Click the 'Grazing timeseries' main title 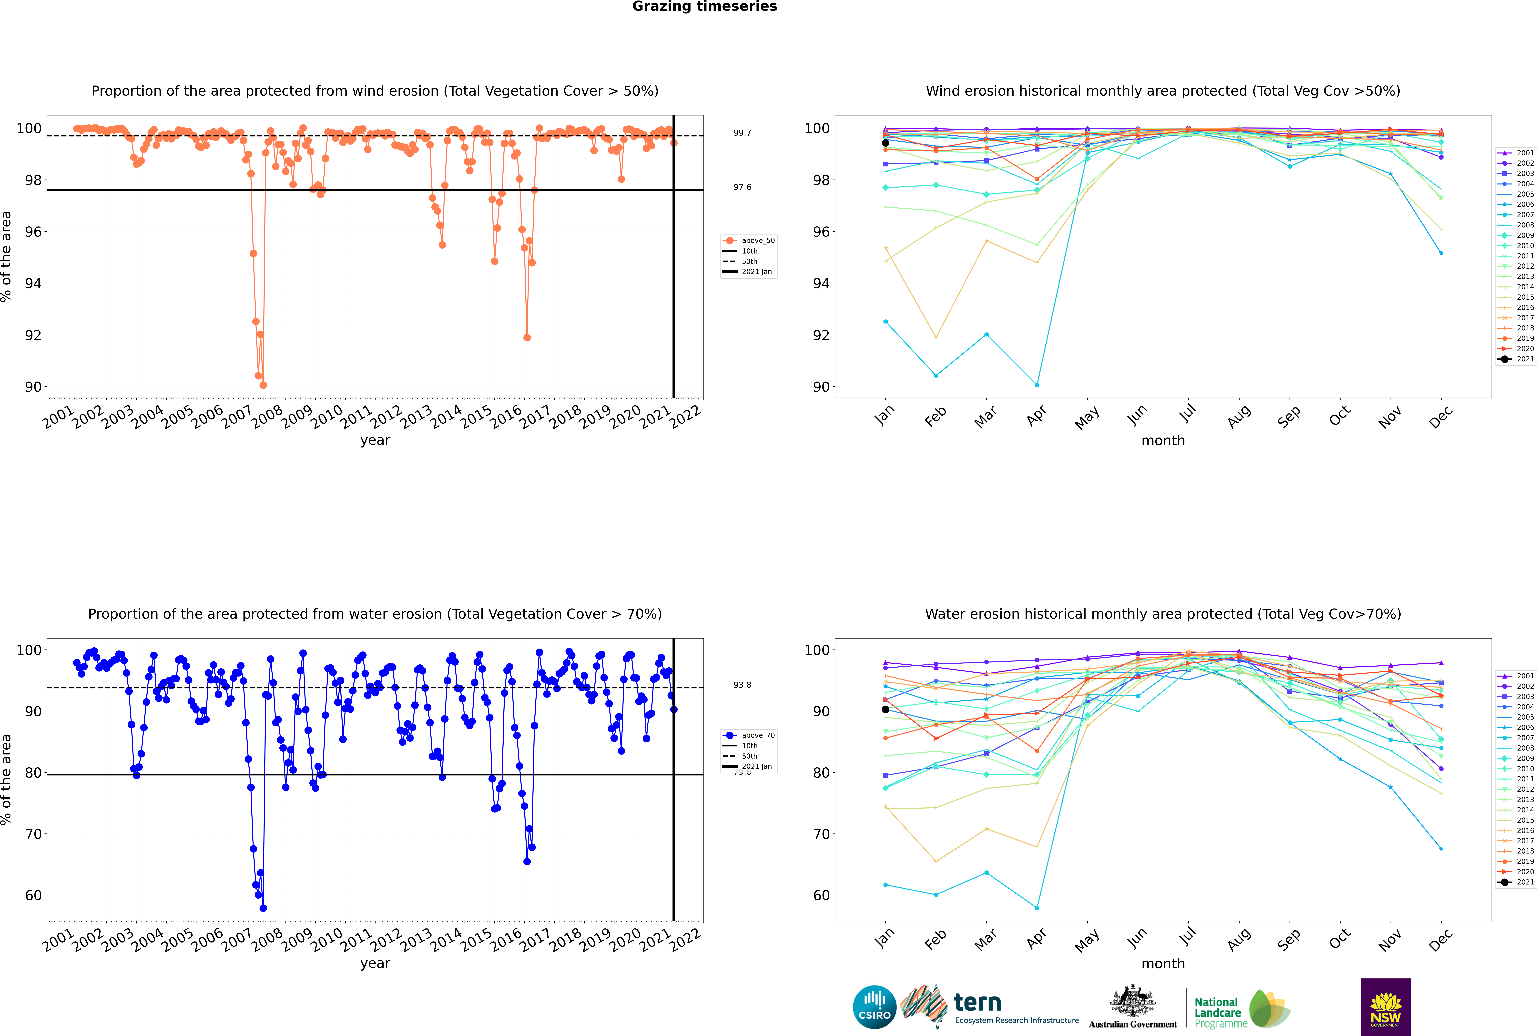704,7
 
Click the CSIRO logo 874,1007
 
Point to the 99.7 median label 742,133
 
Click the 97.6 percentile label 742,187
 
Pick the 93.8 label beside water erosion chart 742,684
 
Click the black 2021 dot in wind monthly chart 886,143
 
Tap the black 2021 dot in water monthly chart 886,710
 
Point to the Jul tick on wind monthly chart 1187,414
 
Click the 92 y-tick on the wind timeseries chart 33,335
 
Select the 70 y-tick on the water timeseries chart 33,834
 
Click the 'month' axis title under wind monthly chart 1163,441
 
